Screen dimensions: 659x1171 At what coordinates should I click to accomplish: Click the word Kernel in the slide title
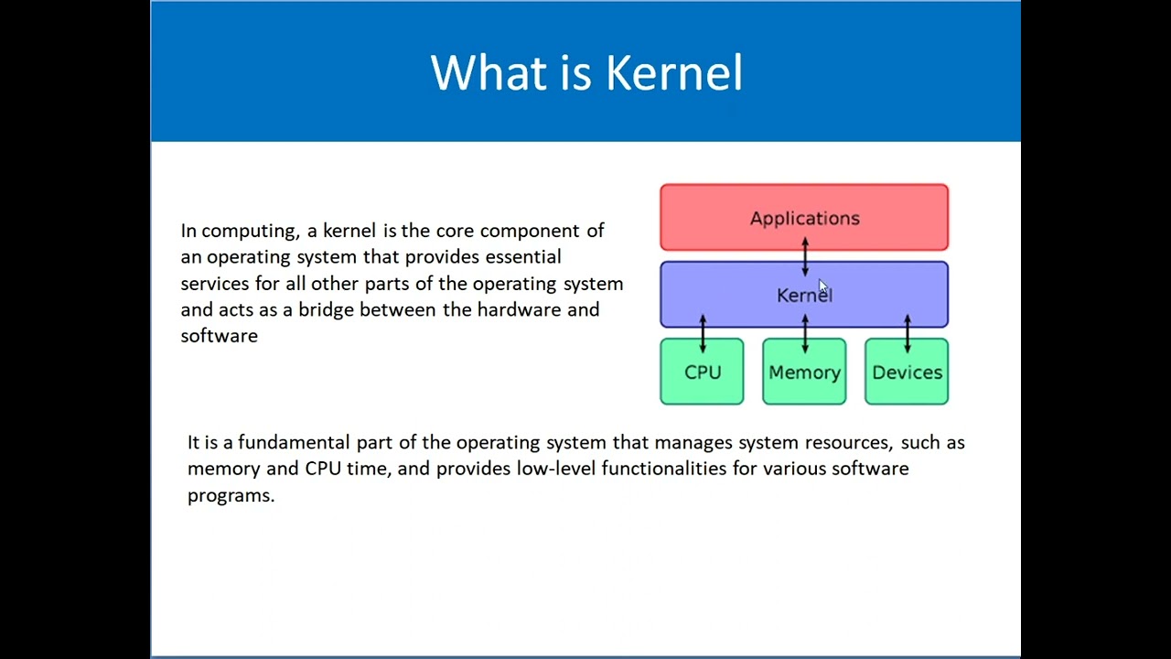[x=674, y=73]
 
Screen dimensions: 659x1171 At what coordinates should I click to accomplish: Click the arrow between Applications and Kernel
[x=805, y=256]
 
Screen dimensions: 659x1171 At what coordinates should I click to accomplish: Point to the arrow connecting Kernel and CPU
[x=703, y=333]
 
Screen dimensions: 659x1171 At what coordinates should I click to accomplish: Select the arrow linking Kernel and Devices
[x=907, y=333]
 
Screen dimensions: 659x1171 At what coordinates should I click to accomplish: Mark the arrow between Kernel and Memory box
[x=805, y=333]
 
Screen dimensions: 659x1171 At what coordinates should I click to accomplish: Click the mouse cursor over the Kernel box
[x=822, y=287]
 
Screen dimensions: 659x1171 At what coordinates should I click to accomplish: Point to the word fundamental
[x=294, y=443]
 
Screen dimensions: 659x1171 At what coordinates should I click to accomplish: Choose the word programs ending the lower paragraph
[x=230, y=496]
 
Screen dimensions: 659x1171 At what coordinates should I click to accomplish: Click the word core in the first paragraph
[x=455, y=232]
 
